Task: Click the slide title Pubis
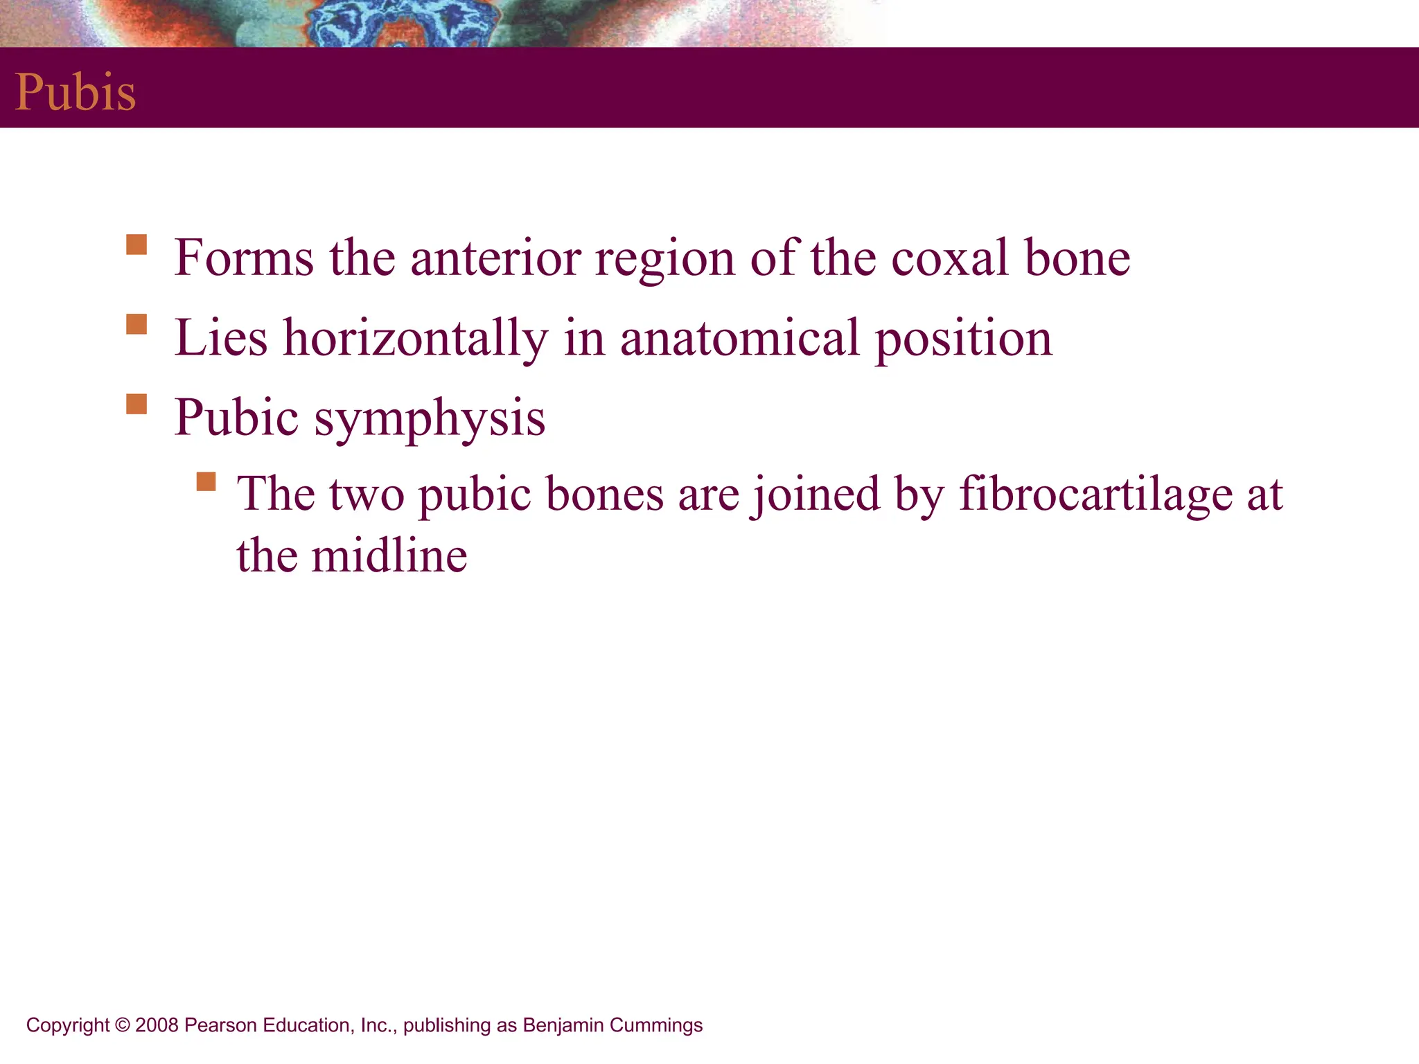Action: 76,93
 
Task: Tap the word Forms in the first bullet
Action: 244,258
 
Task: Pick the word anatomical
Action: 739,338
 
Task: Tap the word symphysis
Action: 430,419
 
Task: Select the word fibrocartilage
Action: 1095,495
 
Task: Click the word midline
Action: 389,556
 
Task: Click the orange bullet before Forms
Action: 136,245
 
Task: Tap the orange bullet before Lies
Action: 136,325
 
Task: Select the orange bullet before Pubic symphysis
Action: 136,405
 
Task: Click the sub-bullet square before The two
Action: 206,481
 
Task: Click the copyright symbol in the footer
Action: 123,1025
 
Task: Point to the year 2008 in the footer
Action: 157,1025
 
